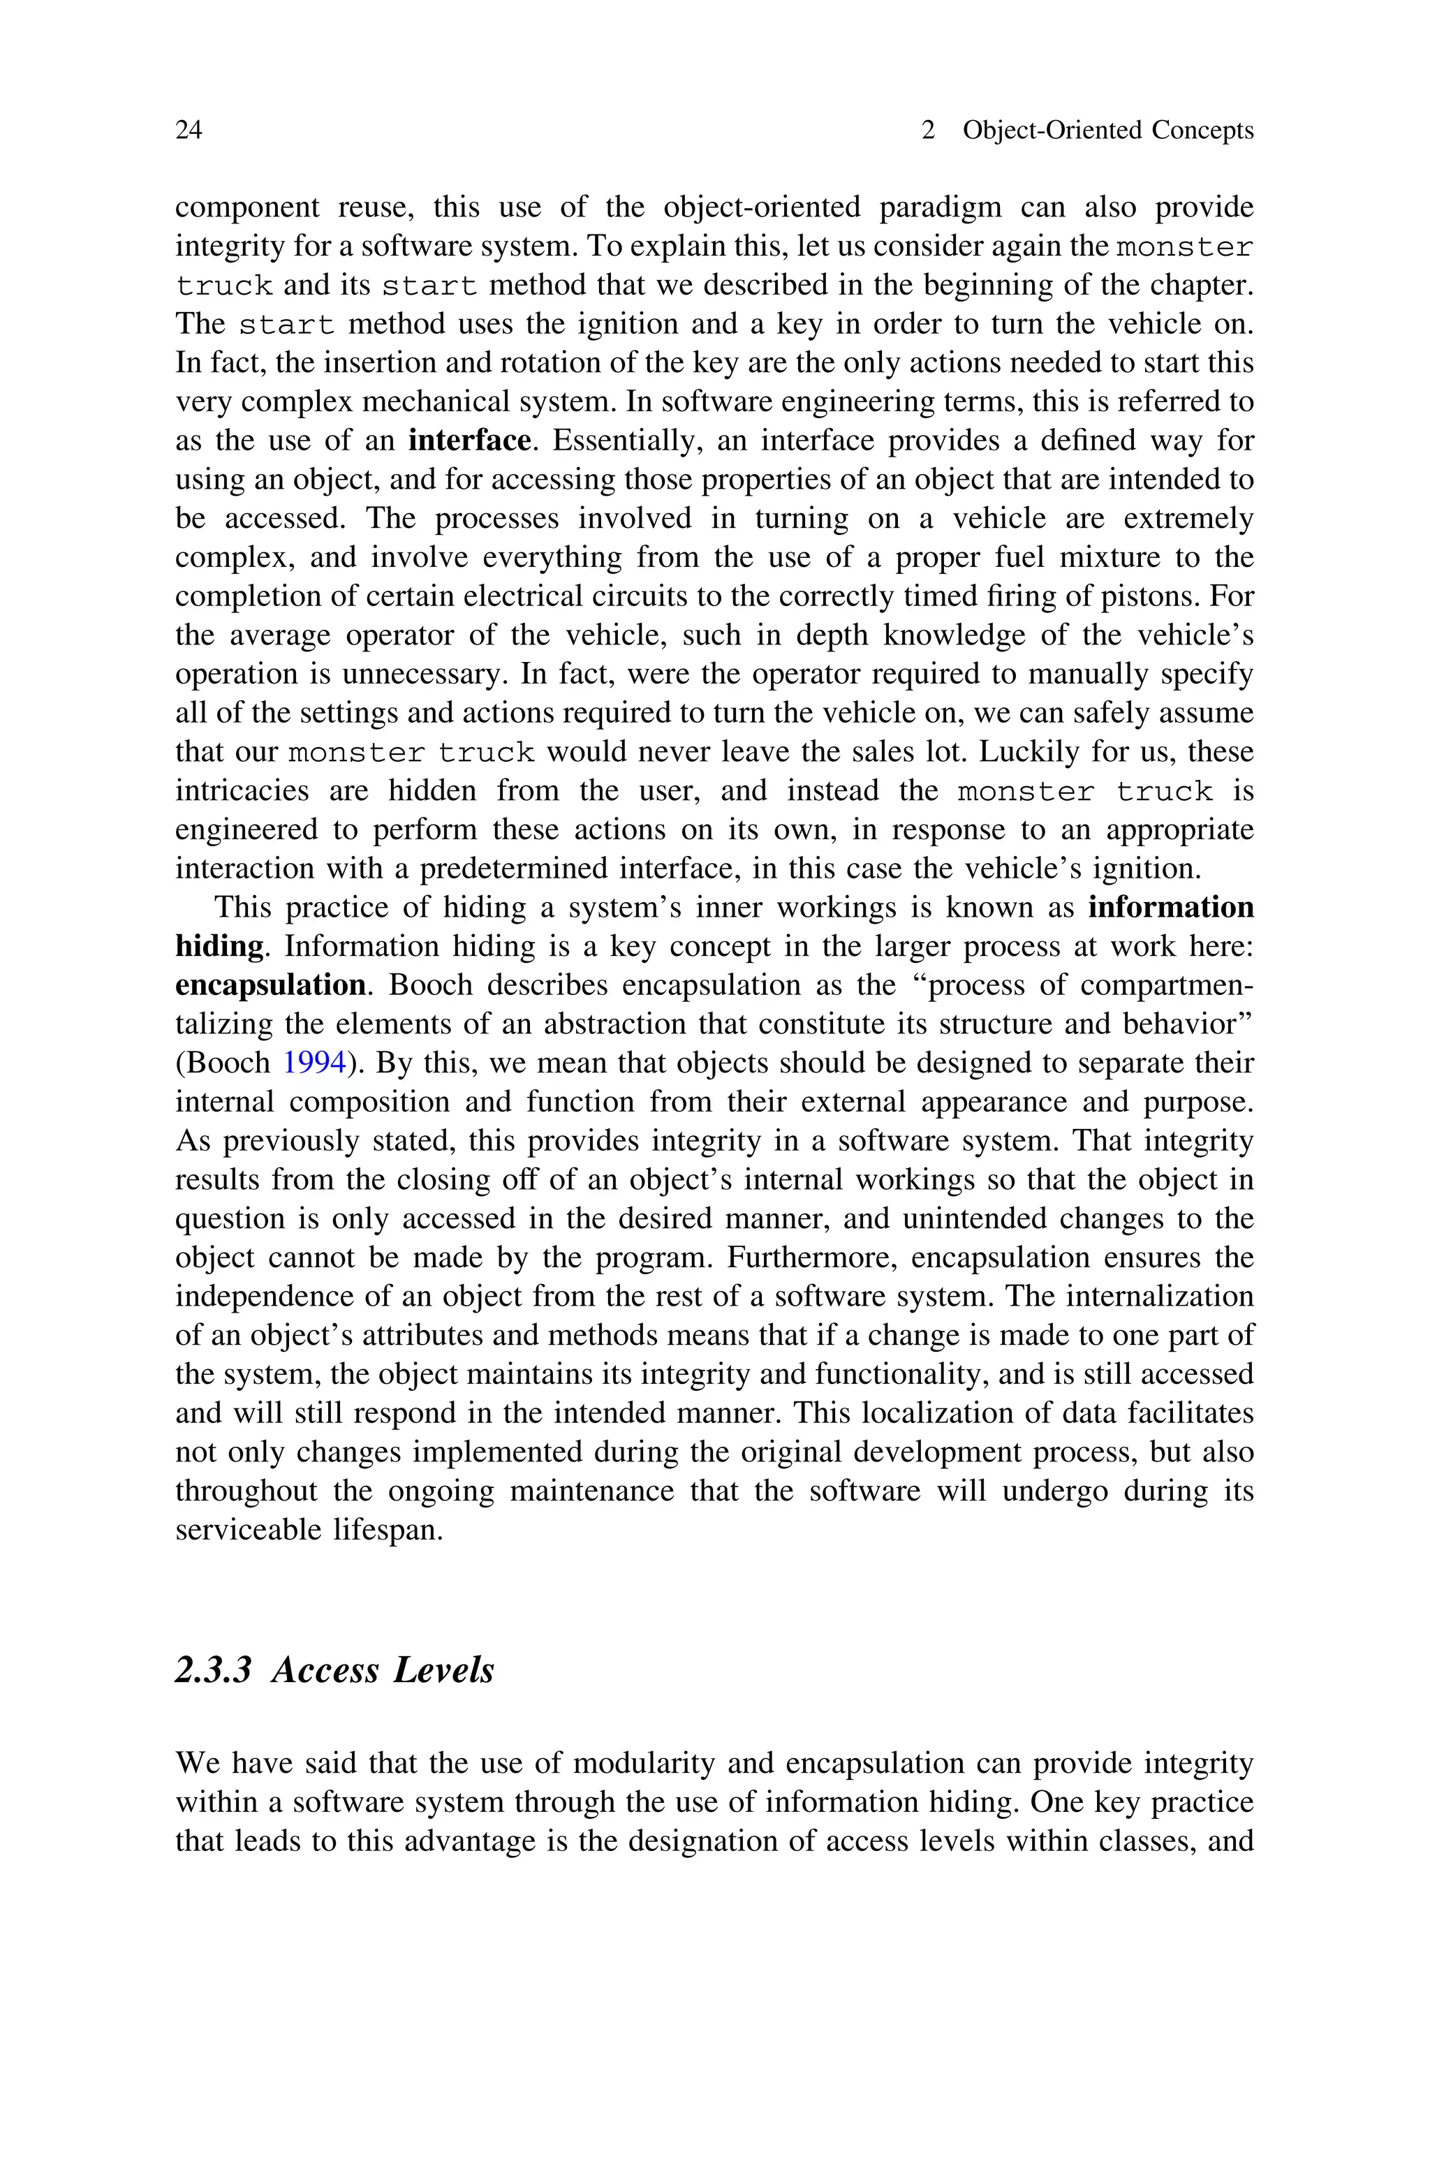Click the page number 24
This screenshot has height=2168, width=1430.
pos(189,131)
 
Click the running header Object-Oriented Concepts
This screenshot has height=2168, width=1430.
pos(1108,131)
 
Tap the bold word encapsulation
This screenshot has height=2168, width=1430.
pos(270,985)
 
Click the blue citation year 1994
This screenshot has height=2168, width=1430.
pos(315,1063)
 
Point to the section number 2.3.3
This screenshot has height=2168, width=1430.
pos(212,1670)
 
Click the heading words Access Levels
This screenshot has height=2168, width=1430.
pos(383,1670)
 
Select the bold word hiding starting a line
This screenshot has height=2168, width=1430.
pos(219,946)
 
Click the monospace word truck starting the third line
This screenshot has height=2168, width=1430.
pos(224,286)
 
